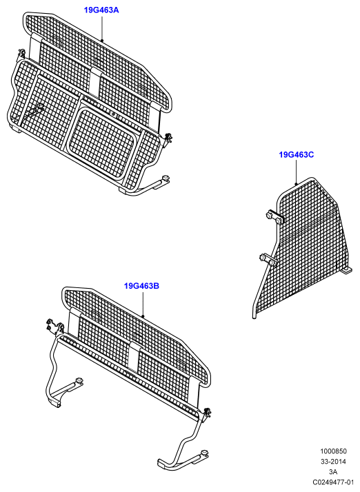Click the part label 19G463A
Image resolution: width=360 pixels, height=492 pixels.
pyautogui.click(x=101, y=10)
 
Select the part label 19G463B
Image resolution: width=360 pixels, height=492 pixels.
pyautogui.click(x=141, y=286)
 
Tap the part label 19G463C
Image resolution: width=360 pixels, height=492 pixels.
pyautogui.click(x=297, y=154)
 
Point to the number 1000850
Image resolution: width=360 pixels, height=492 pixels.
pyautogui.click(x=333, y=451)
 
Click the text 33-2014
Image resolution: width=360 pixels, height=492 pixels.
pyautogui.click(x=333, y=462)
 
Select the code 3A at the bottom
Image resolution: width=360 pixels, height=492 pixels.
pyautogui.click(x=333, y=471)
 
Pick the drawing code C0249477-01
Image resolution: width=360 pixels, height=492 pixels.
pyautogui.click(x=333, y=482)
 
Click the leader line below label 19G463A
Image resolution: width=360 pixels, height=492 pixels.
pyautogui.click(x=102, y=28)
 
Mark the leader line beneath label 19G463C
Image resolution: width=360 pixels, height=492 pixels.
pyautogui.click(x=296, y=172)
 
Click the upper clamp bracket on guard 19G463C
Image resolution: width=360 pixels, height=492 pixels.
pyautogui.click(x=274, y=217)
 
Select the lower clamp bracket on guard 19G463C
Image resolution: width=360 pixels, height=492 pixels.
pyautogui.click(x=268, y=260)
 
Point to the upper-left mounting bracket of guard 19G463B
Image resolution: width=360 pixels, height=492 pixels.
pyautogui.click(x=54, y=326)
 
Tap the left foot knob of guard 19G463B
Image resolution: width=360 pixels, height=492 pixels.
pyautogui.click(x=79, y=381)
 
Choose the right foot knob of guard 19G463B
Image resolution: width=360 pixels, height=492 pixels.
pyautogui.click(x=206, y=453)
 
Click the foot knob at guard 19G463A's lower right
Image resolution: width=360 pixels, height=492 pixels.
pyautogui.click(x=166, y=178)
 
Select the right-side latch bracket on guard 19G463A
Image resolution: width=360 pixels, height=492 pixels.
pyautogui.click(x=168, y=138)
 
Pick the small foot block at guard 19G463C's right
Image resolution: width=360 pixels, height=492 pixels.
pyautogui.click(x=348, y=271)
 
